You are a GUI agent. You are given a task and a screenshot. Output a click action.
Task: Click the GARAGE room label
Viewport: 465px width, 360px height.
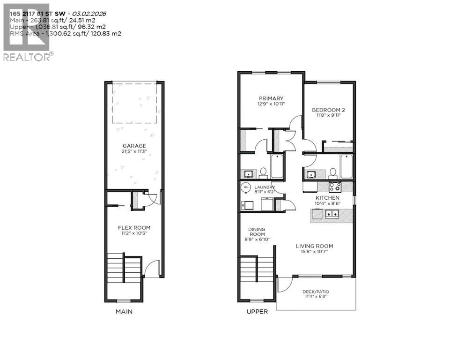tap(134, 146)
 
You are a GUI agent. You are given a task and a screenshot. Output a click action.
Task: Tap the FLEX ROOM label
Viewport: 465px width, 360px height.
tap(134, 228)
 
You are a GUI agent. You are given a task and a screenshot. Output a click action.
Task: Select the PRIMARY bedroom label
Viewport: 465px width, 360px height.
tap(271, 97)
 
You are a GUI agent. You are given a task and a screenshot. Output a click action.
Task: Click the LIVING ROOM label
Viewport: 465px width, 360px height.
tap(314, 246)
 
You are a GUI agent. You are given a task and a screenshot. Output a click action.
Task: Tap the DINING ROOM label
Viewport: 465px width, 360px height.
tap(257, 231)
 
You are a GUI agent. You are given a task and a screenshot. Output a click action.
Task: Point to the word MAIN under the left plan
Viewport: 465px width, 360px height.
tap(124, 311)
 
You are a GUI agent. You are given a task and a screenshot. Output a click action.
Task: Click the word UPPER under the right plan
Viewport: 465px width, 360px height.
tap(258, 311)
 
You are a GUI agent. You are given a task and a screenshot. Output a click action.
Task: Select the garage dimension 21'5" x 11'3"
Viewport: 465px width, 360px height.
tap(134, 151)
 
